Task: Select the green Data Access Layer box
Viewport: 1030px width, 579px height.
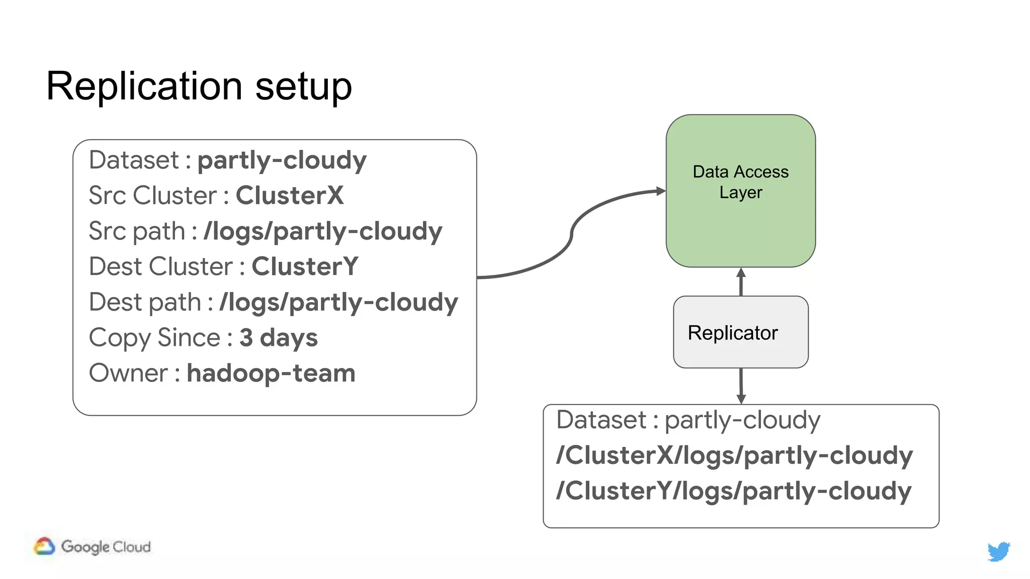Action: click(740, 221)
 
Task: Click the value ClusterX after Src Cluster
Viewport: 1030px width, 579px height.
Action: click(290, 196)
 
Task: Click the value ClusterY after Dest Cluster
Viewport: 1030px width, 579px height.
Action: click(305, 266)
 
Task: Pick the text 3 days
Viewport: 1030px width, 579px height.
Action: click(278, 338)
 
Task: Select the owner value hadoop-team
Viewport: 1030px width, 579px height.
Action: click(271, 373)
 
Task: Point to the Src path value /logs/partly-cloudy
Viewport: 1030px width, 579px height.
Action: click(322, 231)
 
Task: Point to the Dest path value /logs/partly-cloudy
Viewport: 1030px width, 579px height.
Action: click(338, 302)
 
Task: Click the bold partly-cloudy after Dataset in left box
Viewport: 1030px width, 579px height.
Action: click(282, 160)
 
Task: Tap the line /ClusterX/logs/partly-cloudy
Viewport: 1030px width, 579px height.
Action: click(734, 455)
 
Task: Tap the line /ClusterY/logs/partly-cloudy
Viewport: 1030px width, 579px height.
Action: click(733, 491)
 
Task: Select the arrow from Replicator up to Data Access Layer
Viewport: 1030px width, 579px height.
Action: click(741, 282)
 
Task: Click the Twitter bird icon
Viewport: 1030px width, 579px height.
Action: click(998, 551)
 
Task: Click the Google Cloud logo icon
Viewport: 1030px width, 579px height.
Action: click(44, 546)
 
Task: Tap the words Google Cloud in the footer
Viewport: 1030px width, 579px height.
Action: click(106, 547)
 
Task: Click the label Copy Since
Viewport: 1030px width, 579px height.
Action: click(154, 338)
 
